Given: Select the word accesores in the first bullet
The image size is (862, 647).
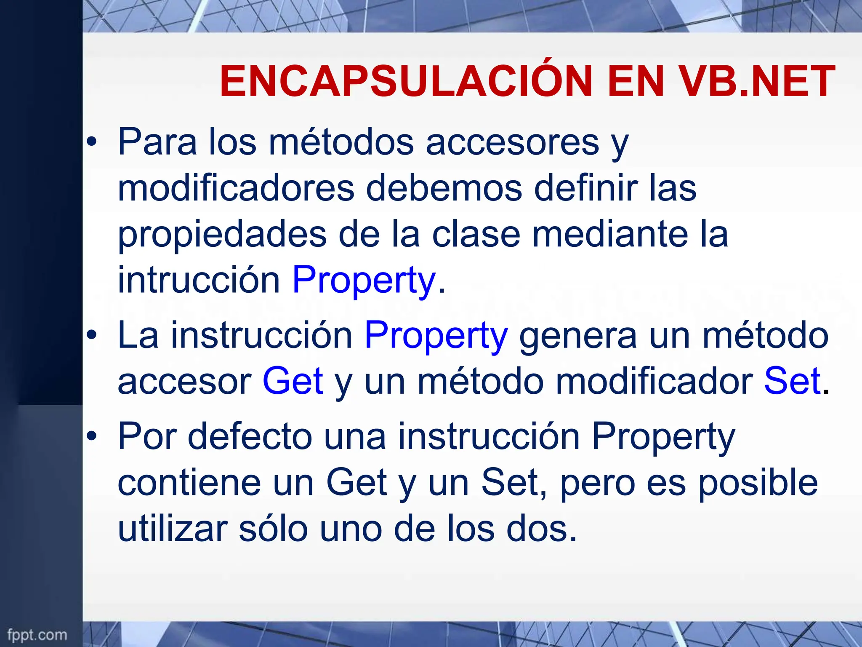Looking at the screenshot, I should [512, 142].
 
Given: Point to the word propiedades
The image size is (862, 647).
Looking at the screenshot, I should [222, 235].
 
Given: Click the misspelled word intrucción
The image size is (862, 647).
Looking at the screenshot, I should [199, 280].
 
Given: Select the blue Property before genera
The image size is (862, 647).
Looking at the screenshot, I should [436, 336].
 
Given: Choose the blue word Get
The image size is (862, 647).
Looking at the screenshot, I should [293, 381].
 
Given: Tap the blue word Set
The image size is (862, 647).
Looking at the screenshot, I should [792, 381].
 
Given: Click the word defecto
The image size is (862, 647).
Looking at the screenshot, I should [250, 437].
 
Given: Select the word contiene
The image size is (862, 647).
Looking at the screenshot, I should [189, 483].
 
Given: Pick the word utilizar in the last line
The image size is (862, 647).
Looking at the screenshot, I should [173, 529].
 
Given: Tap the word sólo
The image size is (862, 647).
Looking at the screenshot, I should [273, 529].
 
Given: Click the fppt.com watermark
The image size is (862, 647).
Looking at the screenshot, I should [37, 635].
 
